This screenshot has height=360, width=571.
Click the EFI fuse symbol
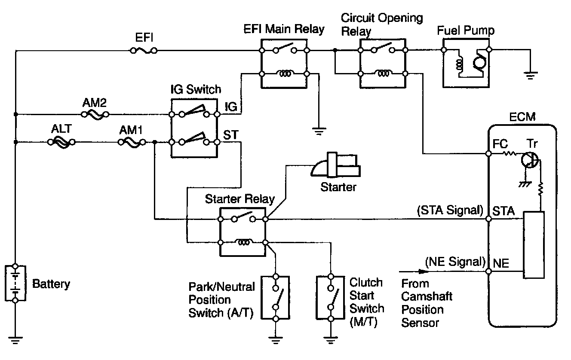click(x=144, y=50)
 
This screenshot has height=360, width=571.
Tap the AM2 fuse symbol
click(x=95, y=115)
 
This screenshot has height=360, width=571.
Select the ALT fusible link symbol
click(x=61, y=142)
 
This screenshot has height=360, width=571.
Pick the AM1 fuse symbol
click(x=132, y=142)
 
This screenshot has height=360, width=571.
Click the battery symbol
click(x=15, y=283)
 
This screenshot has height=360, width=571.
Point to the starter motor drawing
click(x=335, y=165)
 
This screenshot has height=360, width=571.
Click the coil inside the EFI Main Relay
click(x=285, y=73)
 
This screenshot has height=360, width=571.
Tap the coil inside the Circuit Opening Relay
click(x=383, y=73)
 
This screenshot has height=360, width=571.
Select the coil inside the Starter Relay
click(x=244, y=242)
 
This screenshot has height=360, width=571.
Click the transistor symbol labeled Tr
click(x=530, y=160)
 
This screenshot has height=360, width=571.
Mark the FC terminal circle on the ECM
click(x=488, y=154)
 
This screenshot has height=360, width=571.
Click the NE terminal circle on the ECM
click(x=488, y=272)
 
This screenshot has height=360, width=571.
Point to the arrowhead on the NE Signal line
click(x=424, y=272)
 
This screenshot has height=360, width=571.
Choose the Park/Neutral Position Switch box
click(x=276, y=297)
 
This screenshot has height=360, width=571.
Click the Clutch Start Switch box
click(x=331, y=297)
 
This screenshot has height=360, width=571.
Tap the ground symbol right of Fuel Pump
click(x=531, y=76)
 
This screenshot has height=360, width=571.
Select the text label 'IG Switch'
click(x=196, y=89)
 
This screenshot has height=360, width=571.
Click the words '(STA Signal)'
click(x=450, y=210)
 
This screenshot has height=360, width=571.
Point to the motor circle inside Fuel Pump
click(x=479, y=62)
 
